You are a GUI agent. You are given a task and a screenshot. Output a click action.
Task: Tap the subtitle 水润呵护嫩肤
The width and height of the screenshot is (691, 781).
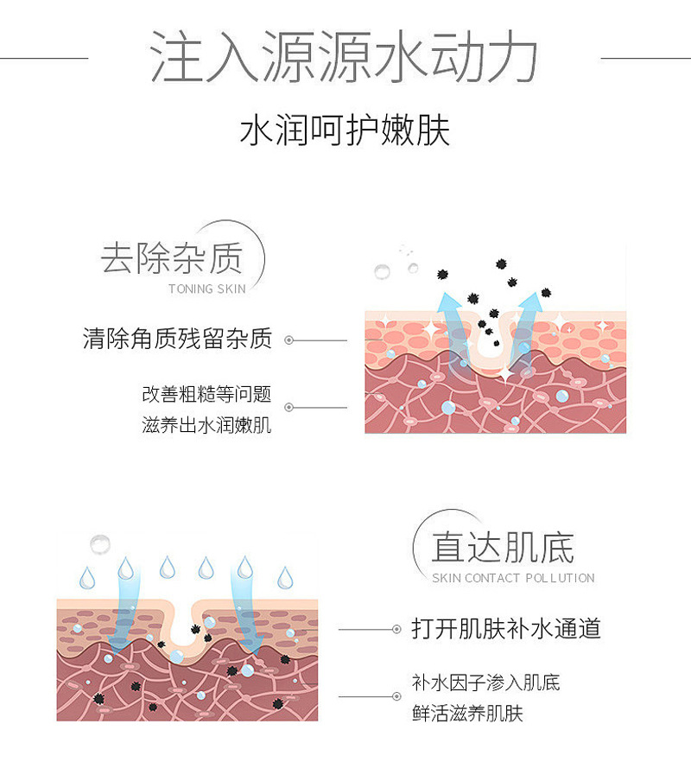click(345, 131)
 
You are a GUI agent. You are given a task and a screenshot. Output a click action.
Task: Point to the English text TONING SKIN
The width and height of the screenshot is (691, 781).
click(207, 289)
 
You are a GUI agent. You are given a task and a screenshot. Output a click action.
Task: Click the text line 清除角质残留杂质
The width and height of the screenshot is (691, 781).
click(177, 339)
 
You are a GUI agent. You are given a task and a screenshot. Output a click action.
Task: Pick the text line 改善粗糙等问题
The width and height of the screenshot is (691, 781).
click(206, 395)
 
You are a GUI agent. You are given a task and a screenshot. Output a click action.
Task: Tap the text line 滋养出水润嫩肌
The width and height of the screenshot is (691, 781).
click(206, 425)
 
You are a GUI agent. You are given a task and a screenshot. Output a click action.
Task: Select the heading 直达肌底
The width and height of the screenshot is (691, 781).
click(503, 546)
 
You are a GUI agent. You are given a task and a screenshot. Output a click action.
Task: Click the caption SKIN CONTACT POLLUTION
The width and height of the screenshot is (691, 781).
click(513, 578)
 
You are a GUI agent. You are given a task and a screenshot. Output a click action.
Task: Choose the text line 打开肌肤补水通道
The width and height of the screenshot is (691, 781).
click(506, 628)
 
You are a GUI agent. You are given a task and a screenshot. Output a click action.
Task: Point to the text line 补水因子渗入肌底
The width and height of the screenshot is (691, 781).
click(486, 683)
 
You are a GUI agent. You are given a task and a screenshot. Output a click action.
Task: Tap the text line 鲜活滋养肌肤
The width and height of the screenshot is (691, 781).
click(467, 714)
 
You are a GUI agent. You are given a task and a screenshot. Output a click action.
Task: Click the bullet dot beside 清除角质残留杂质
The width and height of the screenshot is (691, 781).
click(289, 340)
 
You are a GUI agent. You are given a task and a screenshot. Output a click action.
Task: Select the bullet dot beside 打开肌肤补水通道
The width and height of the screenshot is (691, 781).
click(396, 629)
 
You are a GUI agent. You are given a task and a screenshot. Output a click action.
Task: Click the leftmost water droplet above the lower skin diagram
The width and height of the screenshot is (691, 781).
click(86, 576)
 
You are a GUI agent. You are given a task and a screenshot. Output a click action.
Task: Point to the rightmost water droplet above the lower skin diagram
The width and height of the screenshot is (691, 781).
click(283, 576)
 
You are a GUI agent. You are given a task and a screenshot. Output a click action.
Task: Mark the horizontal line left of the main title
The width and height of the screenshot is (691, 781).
click(43, 58)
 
